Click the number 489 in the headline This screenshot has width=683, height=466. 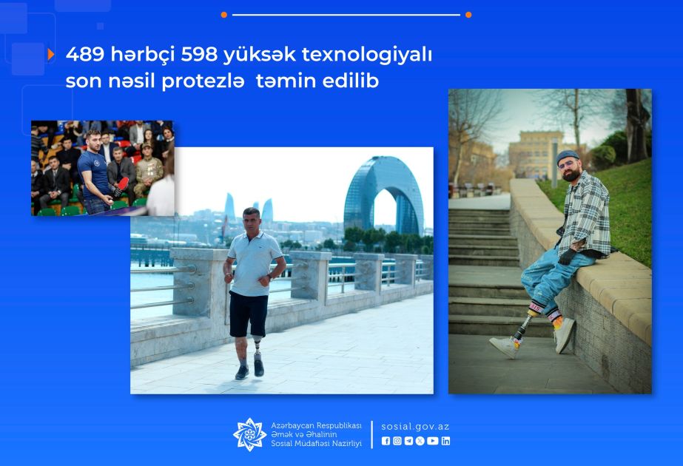[85, 55]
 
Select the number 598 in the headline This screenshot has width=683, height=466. [199, 55]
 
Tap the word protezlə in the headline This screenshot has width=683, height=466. [203, 81]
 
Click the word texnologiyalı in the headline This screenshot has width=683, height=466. [367, 55]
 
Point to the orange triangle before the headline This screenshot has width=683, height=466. [51, 55]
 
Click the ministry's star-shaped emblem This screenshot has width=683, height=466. [249, 434]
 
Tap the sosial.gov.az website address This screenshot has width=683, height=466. [415, 427]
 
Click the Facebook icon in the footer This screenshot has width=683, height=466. [386, 441]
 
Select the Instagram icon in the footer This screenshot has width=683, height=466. [397, 441]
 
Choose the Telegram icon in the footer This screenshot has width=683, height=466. [408, 441]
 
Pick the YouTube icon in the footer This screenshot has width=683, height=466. [433, 441]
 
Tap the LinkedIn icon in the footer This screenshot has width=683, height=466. [445, 441]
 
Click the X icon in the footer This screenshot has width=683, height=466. [420, 441]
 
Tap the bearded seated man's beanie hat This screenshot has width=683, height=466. [567, 156]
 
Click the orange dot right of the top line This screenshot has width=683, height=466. [468, 15]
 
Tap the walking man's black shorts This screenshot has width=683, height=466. [249, 314]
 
